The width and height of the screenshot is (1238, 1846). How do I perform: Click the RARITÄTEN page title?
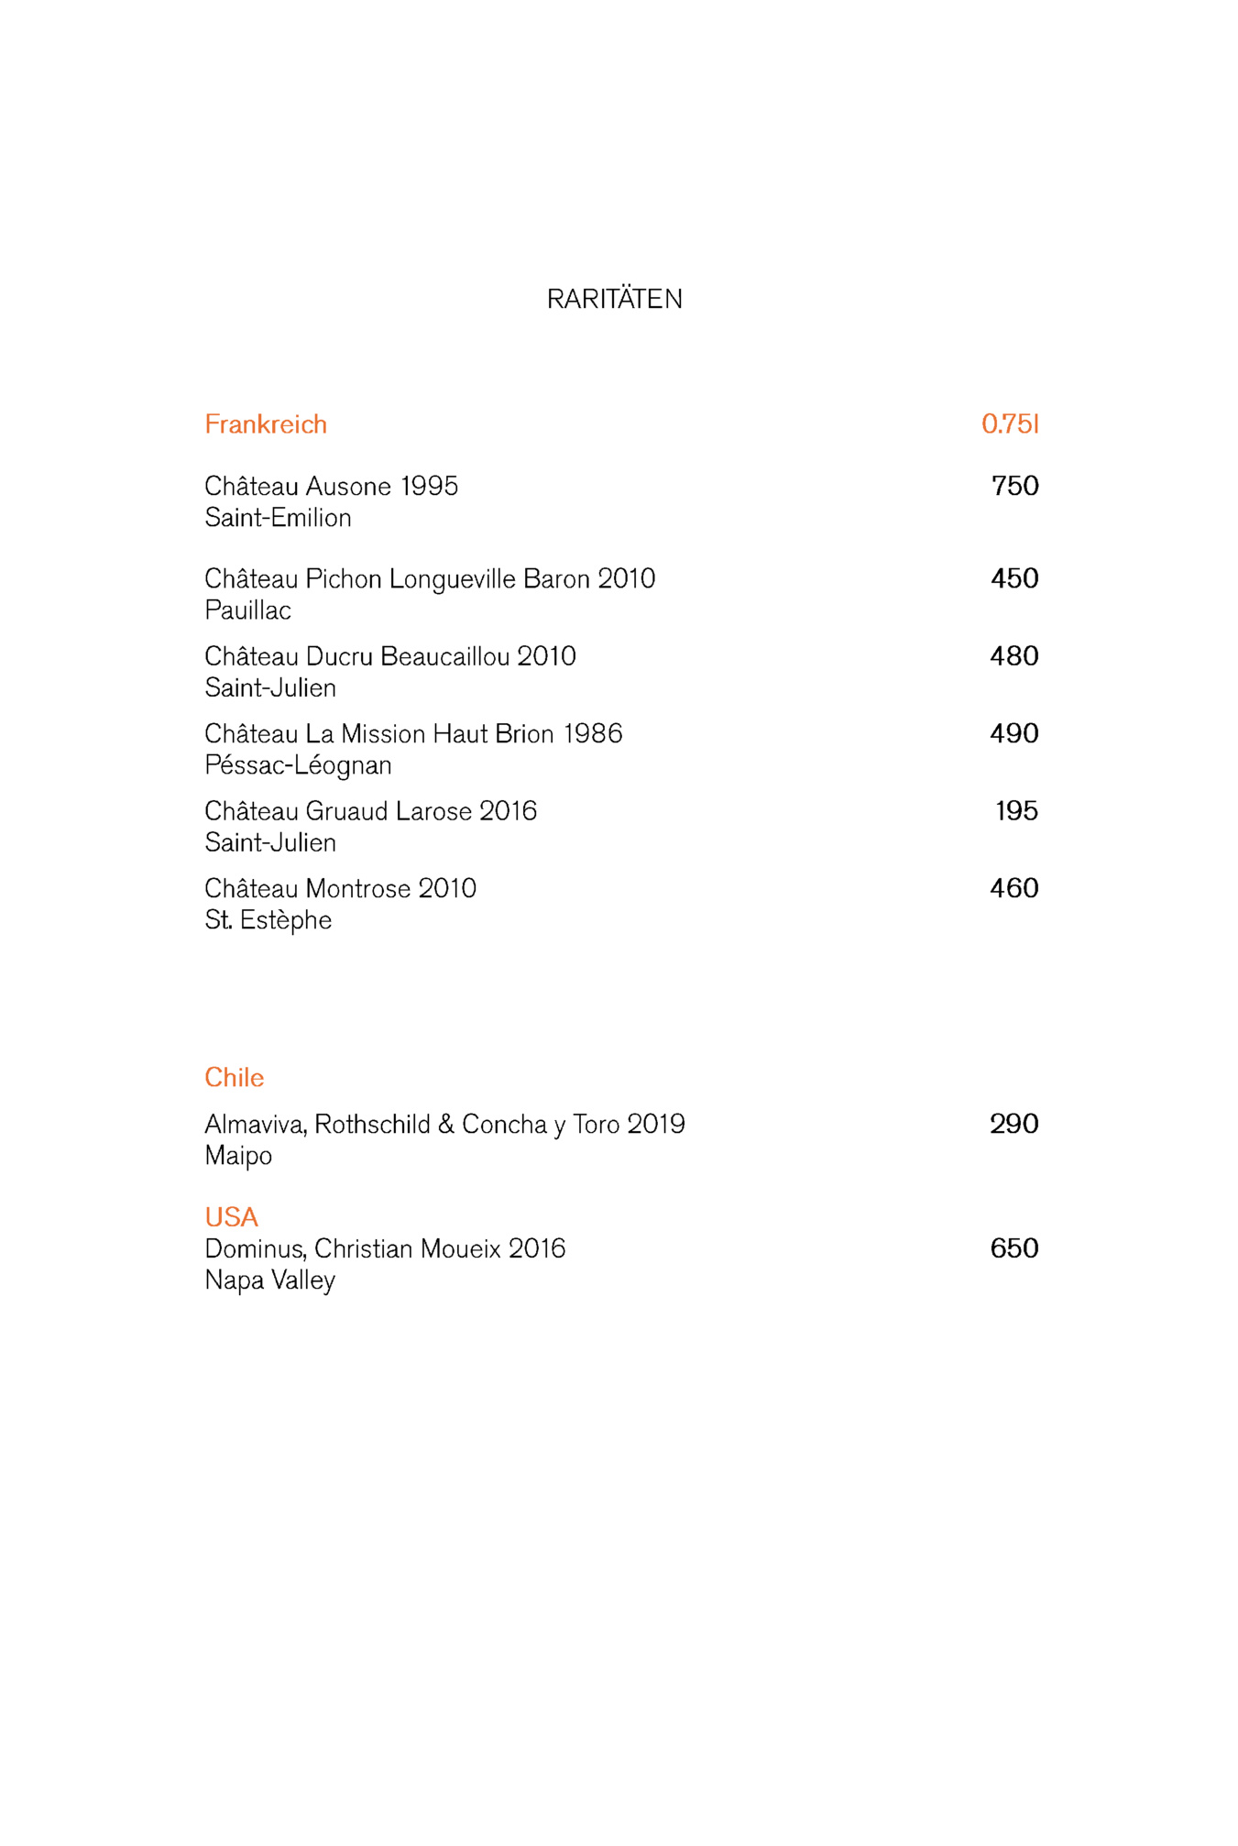pos(614,299)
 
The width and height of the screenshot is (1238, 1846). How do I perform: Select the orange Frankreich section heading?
pos(266,424)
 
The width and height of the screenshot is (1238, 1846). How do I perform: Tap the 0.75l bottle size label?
pos(1010,424)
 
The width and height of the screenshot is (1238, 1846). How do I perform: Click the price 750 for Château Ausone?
pos(1014,486)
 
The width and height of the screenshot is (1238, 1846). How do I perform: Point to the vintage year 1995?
pos(429,486)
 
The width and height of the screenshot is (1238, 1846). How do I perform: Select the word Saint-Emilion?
pos(278,518)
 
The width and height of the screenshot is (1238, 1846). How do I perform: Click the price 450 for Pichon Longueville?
pos(1014,578)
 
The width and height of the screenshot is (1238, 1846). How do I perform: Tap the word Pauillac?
pos(247,610)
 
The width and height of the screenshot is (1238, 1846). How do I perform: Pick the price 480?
pos(1013,656)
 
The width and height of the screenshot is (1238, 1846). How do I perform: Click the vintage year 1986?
pos(592,733)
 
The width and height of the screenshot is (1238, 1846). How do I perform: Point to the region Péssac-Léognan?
pos(298,765)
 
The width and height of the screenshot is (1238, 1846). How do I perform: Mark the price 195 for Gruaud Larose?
pos(1016,811)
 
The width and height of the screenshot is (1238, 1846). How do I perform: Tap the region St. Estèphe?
pos(268,920)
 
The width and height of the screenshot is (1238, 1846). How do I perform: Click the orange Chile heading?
pos(234,1078)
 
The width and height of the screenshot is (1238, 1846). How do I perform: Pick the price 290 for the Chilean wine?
pos(1013,1124)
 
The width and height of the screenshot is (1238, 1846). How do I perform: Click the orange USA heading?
pos(231,1217)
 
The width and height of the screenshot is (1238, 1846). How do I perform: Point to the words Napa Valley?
pos(269,1280)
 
